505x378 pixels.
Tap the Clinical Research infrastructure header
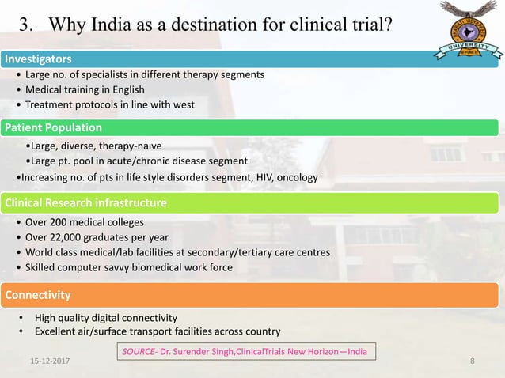(x=85, y=203)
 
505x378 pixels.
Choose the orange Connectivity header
(x=38, y=295)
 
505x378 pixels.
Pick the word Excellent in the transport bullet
(x=59, y=331)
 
